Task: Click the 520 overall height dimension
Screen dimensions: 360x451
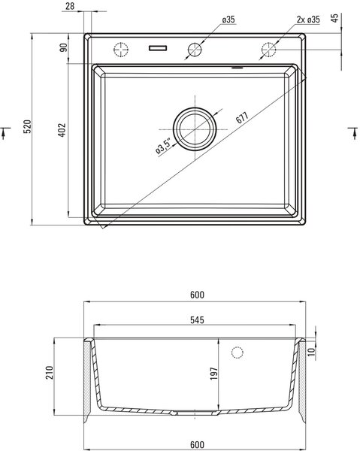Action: [x=27, y=126]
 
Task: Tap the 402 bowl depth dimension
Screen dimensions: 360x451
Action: [x=62, y=130]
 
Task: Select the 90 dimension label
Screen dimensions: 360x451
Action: [x=63, y=47]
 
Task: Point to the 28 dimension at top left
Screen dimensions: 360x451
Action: [x=70, y=6]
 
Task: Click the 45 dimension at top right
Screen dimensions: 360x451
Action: [x=334, y=18]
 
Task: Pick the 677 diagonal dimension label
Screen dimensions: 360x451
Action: [x=241, y=117]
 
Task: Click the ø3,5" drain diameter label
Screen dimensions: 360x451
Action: [x=163, y=147]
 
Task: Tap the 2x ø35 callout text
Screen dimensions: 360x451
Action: [x=308, y=20]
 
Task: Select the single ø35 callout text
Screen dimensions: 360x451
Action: [x=228, y=20]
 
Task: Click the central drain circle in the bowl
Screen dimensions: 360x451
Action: [x=195, y=129]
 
